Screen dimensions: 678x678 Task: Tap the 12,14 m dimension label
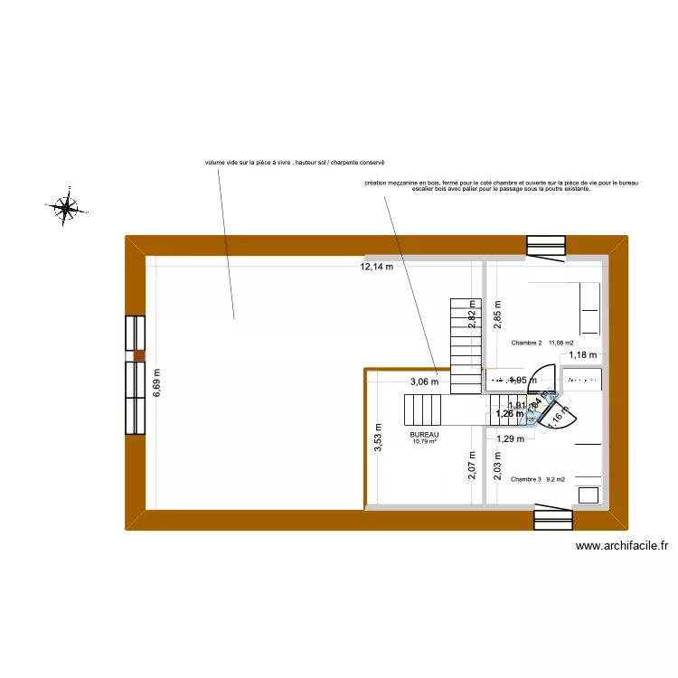pyautogui.click(x=377, y=267)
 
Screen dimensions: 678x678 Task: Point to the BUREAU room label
pyautogui.click(x=424, y=434)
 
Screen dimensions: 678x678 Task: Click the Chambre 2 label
pyautogui.click(x=526, y=343)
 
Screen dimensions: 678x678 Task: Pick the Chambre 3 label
pyautogui.click(x=525, y=480)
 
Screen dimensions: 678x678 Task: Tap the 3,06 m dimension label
pyautogui.click(x=424, y=381)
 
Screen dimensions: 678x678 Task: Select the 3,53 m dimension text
pyautogui.click(x=379, y=437)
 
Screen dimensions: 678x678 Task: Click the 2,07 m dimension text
pyautogui.click(x=472, y=466)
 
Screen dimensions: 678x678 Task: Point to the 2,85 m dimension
pyautogui.click(x=497, y=313)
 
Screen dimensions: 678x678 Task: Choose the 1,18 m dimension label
pyautogui.click(x=583, y=355)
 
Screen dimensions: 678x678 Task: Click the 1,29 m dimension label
pyautogui.click(x=511, y=438)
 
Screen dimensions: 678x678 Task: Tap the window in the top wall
pyautogui.click(x=546, y=246)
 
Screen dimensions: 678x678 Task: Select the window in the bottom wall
pyautogui.click(x=553, y=518)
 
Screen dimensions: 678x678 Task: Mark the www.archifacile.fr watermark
pyautogui.click(x=621, y=546)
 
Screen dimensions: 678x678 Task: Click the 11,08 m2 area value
pyautogui.click(x=561, y=343)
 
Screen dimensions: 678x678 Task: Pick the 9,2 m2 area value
pyautogui.click(x=556, y=480)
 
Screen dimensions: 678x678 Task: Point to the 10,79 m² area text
pyautogui.click(x=424, y=441)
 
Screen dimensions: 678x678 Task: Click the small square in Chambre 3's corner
pyautogui.click(x=589, y=494)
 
